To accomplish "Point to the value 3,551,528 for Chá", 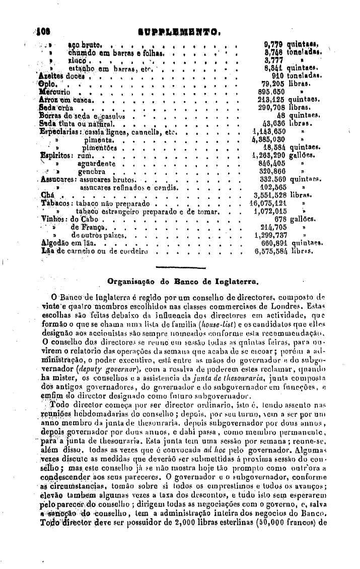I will pyautogui.click(x=271, y=195).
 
